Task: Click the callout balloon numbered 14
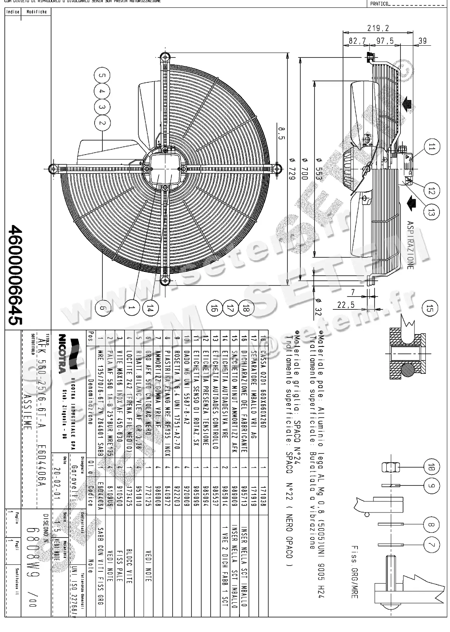point(149,308)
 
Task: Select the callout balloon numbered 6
point(102,308)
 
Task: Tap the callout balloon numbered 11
point(431,147)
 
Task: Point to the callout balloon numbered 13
point(431,213)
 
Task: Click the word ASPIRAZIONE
point(410,245)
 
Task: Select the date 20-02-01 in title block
point(58,479)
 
